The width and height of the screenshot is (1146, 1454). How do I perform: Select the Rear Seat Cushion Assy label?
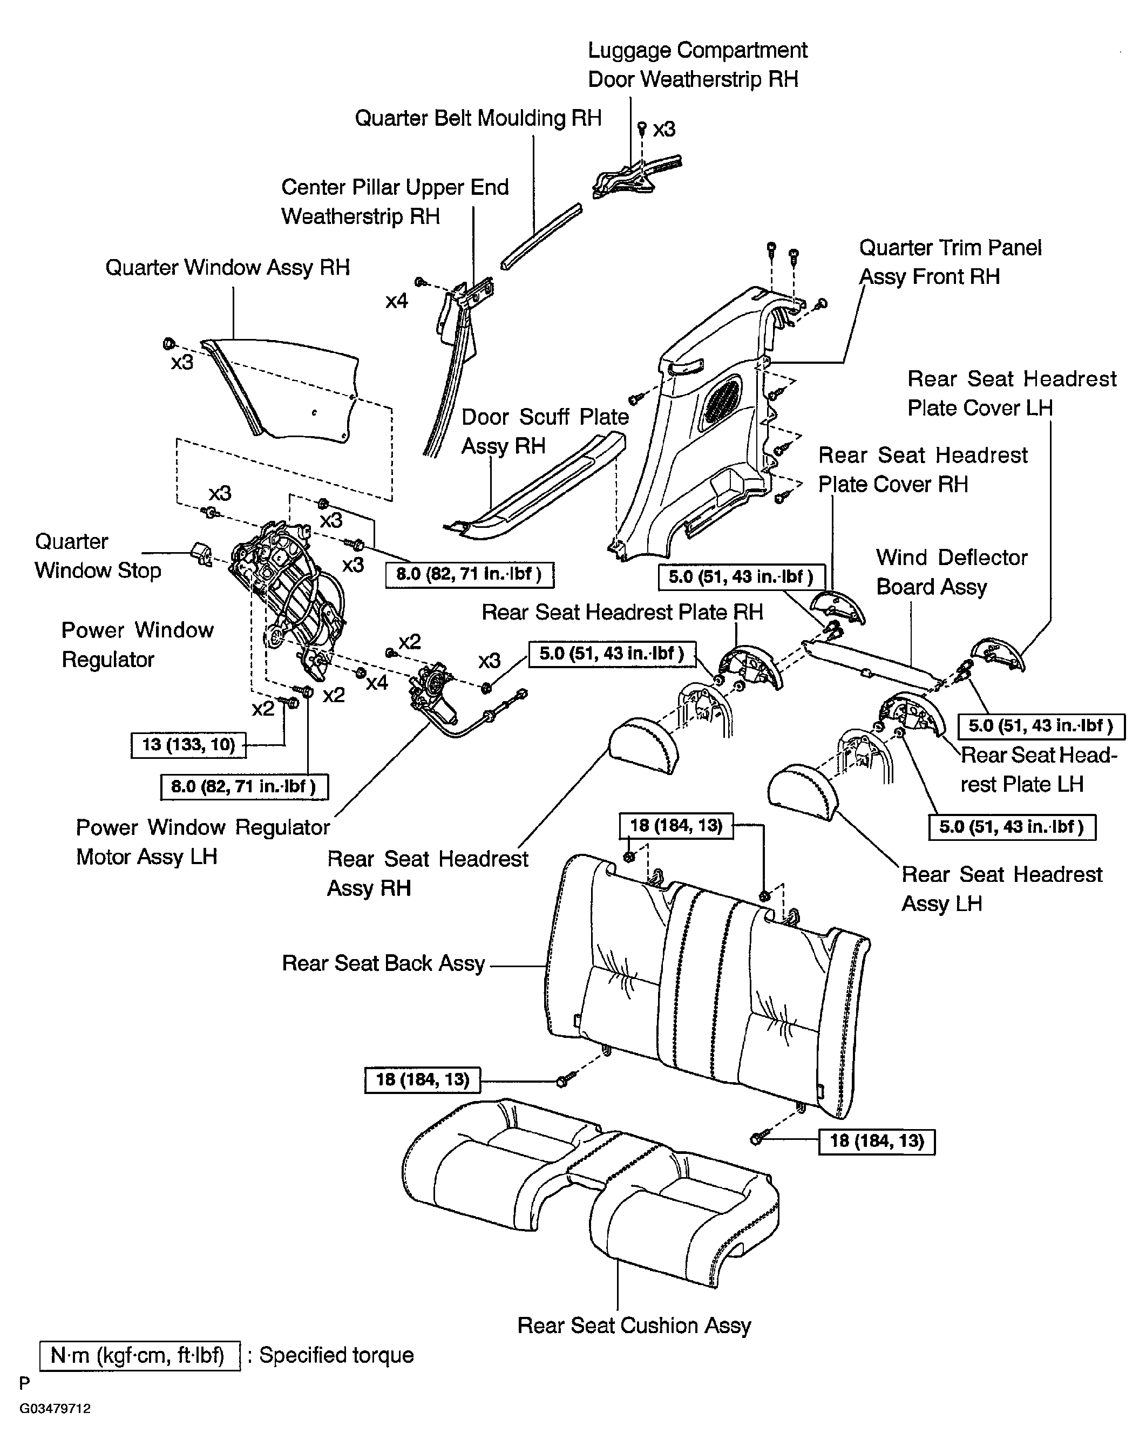click(x=634, y=1325)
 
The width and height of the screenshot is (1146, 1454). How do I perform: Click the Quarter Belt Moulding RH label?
click(x=478, y=118)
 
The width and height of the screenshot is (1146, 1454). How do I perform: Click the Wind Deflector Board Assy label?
click(x=952, y=572)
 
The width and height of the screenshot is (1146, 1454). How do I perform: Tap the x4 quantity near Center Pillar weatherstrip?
click(x=397, y=301)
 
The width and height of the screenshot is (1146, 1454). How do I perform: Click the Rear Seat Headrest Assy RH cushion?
click(x=643, y=744)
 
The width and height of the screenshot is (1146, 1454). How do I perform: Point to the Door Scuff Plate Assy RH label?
click(x=545, y=431)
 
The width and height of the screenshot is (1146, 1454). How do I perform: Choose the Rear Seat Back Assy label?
click(x=383, y=963)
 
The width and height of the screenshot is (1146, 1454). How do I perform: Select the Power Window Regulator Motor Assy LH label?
click(x=202, y=841)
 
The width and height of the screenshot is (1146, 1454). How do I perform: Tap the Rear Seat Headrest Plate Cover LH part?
click(x=999, y=655)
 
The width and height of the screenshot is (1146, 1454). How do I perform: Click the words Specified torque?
click(x=337, y=1355)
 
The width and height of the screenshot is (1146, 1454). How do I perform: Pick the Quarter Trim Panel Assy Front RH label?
click(x=950, y=262)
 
